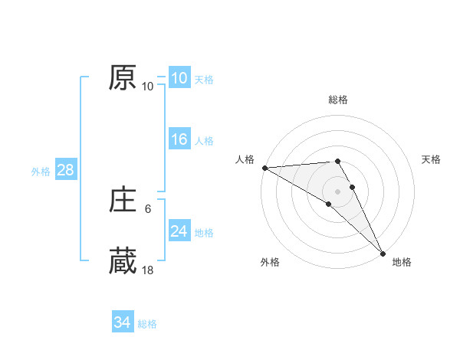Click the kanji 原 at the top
pyautogui.click(x=123, y=79)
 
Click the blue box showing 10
pyautogui.click(x=179, y=78)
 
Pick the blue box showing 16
pyautogui.click(x=179, y=139)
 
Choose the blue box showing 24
pyautogui.click(x=179, y=231)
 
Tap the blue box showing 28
pyautogui.click(x=65, y=170)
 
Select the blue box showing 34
pyautogui.click(x=122, y=322)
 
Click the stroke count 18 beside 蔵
pyautogui.click(x=147, y=270)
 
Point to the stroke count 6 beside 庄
pyautogui.click(x=147, y=208)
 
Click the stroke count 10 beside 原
pyautogui.click(x=147, y=86)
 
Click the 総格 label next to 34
pyautogui.click(x=147, y=324)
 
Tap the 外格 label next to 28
pyautogui.click(x=41, y=172)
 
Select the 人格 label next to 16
pyautogui.click(x=204, y=141)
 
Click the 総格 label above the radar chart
pyautogui.click(x=338, y=100)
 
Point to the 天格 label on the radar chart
pyautogui.click(x=432, y=159)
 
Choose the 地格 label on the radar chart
pyautogui.click(x=402, y=262)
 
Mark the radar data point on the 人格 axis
pyautogui.click(x=264, y=168)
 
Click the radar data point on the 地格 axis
pyautogui.click(x=383, y=253)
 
